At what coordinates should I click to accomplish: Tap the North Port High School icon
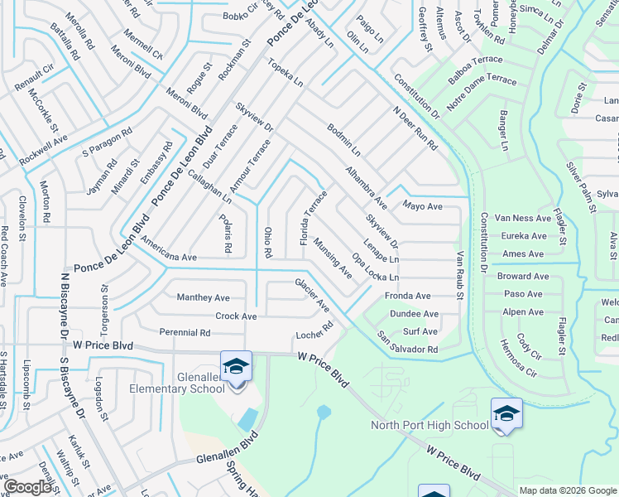coord(506,413)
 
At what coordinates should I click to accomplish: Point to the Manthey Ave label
coord(203,297)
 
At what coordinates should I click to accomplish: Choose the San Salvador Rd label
coord(407,344)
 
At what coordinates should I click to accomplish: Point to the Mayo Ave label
coord(422,205)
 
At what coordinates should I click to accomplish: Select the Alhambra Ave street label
coord(366,188)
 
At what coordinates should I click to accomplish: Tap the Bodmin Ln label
coord(343,140)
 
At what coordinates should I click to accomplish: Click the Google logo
coord(27,486)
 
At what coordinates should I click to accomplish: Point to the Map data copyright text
coord(568,490)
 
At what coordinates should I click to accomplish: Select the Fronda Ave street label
coord(407,296)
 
